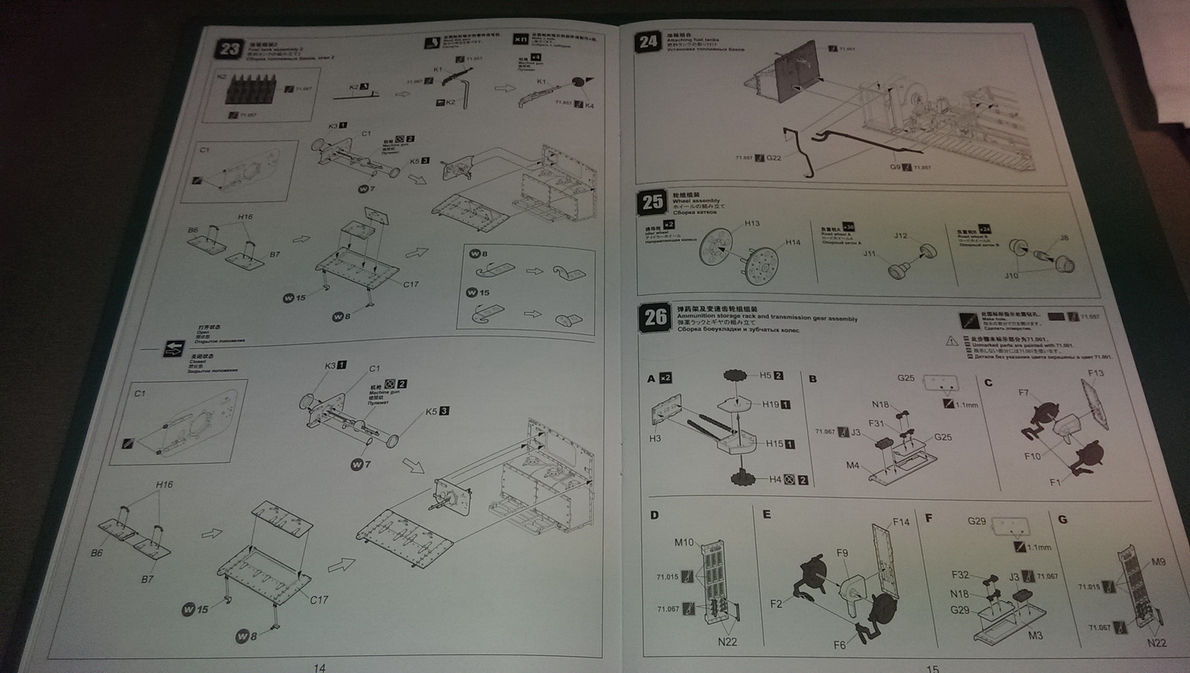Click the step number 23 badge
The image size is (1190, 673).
click(230, 50)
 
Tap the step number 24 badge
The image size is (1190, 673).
click(648, 41)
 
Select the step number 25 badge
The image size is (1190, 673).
click(652, 202)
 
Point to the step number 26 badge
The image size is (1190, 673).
click(655, 317)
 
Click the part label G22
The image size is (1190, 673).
click(773, 158)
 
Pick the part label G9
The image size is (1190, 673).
click(895, 167)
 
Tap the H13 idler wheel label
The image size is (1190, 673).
click(752, 224)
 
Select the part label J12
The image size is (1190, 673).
click(901, 236)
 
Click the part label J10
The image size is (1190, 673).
click(1010, 276)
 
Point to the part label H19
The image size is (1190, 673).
click(770, 405)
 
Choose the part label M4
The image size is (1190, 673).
click(852, 466)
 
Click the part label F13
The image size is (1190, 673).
click(1095, 373)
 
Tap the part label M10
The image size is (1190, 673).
click(683, 543)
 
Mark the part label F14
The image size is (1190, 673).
click(901, 522)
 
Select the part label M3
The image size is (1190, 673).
click(1035, 636)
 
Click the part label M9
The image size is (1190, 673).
click(1158, 562)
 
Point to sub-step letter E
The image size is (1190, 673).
click(766, 515)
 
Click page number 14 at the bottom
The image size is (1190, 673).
click(319, 667)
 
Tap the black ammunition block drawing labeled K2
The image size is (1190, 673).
click(250, 90)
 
